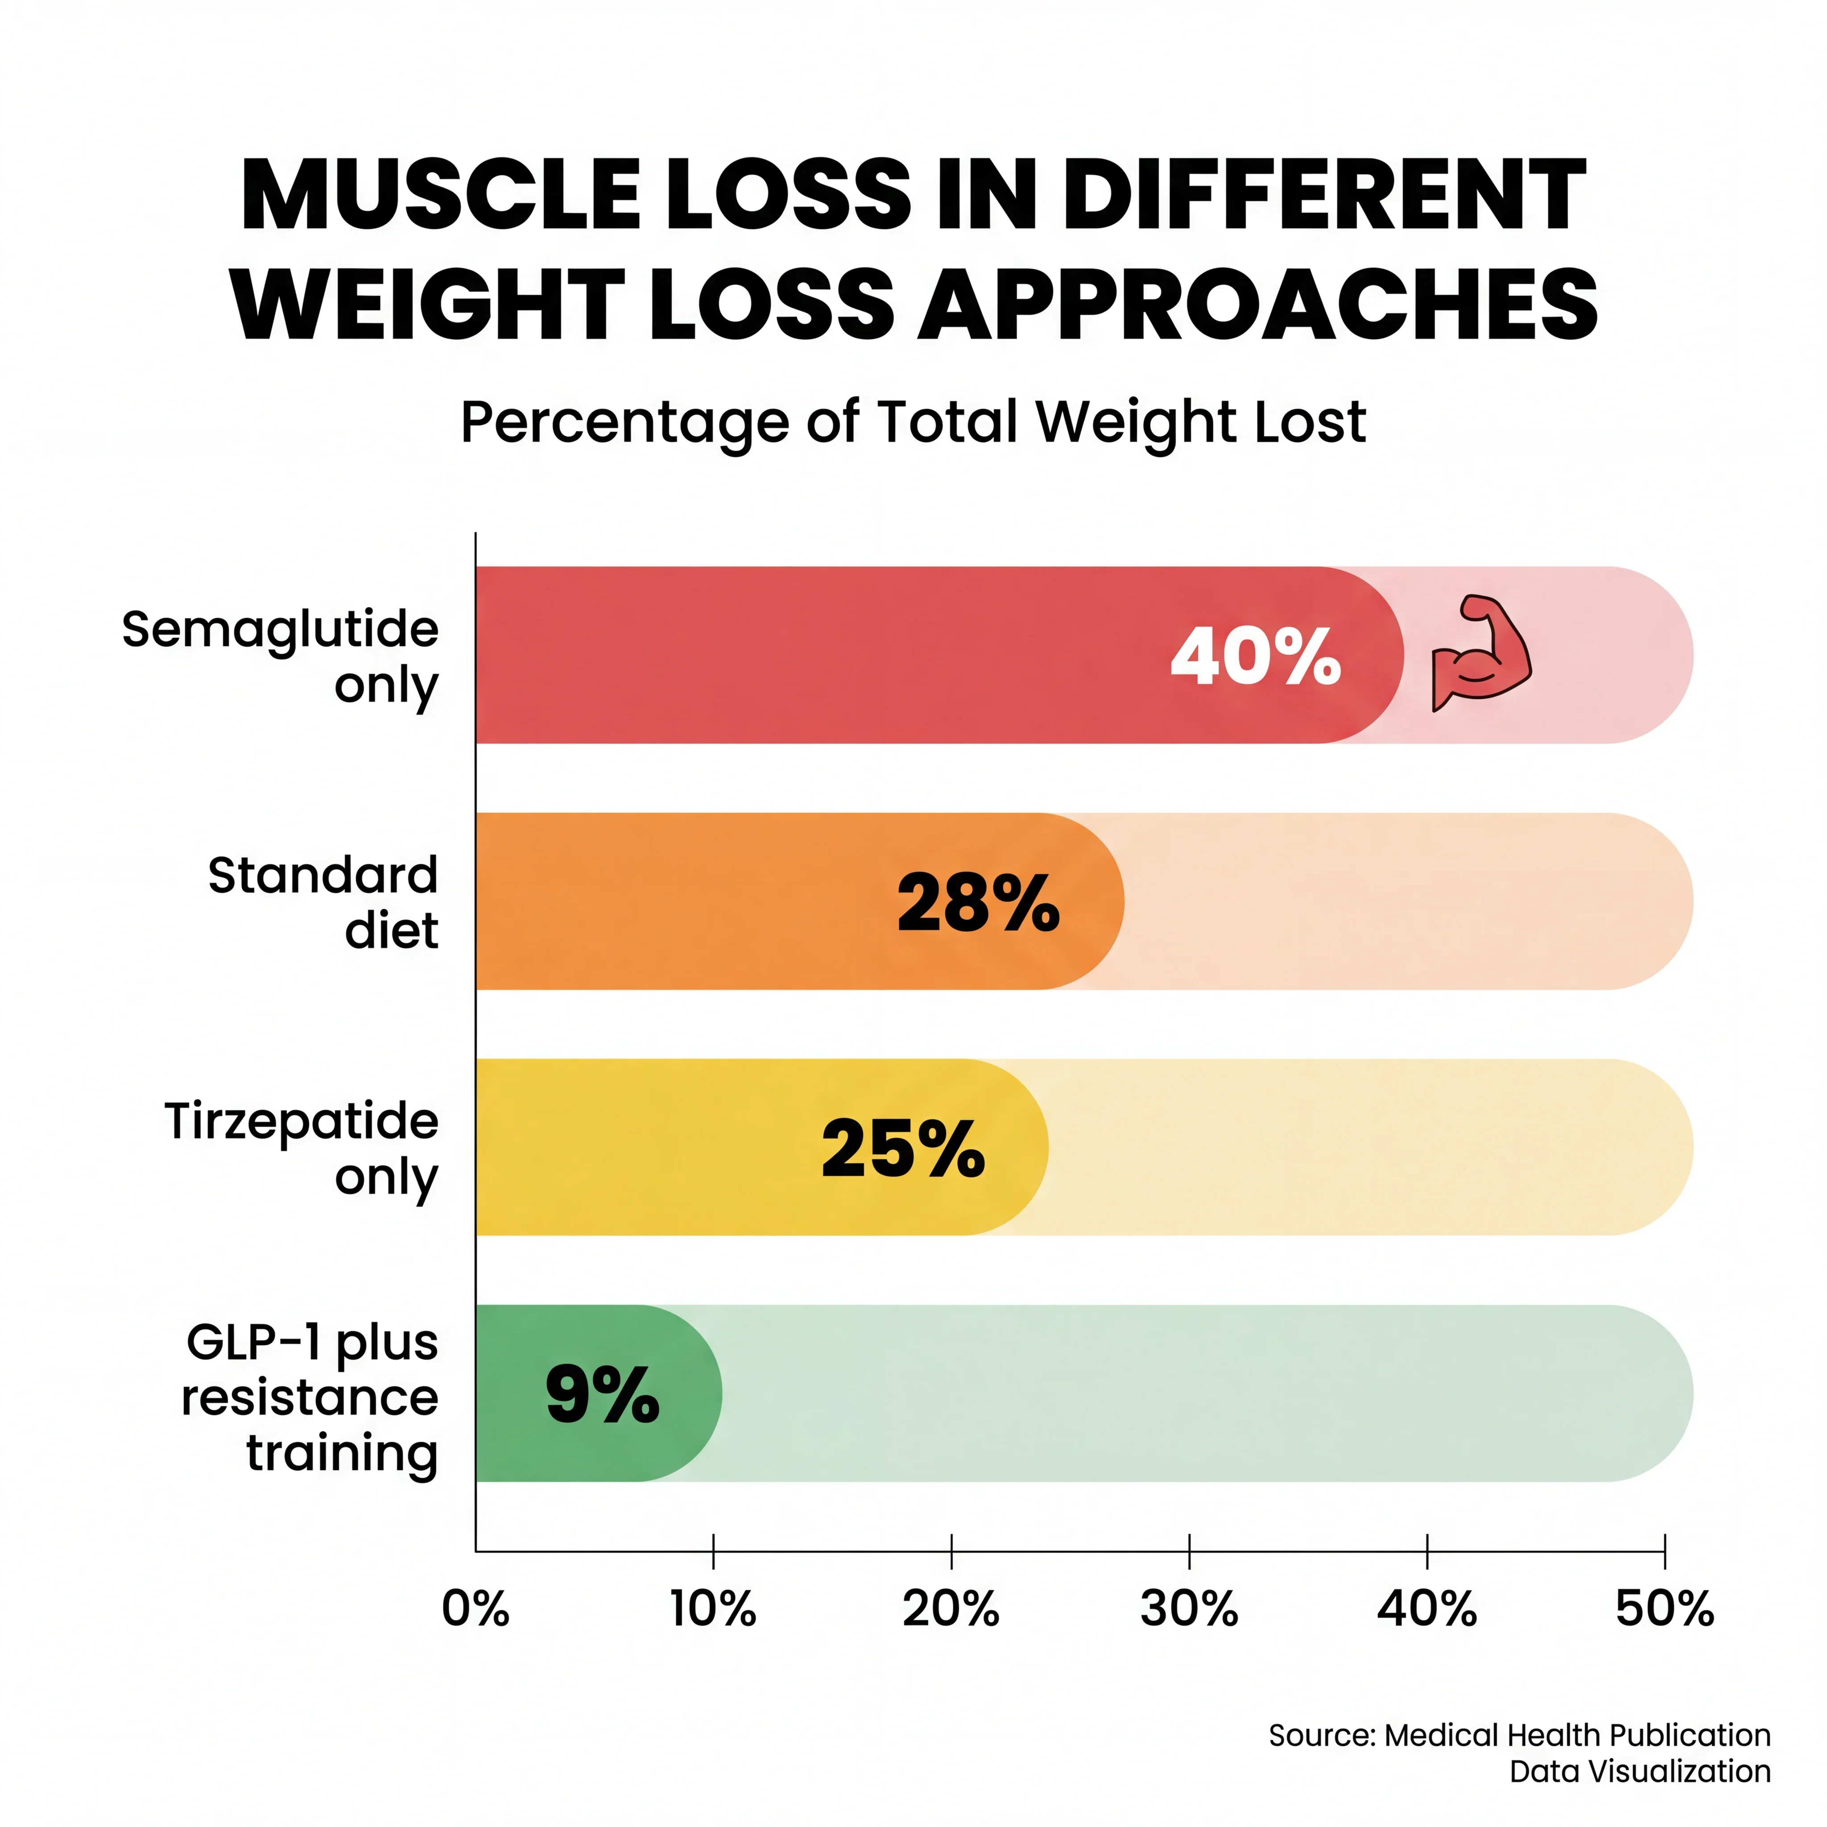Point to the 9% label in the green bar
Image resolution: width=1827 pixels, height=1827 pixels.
pyautogui.click(x=602, y=1395)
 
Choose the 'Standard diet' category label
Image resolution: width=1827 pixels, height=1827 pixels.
pyautogui.click(x=323, y=902)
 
